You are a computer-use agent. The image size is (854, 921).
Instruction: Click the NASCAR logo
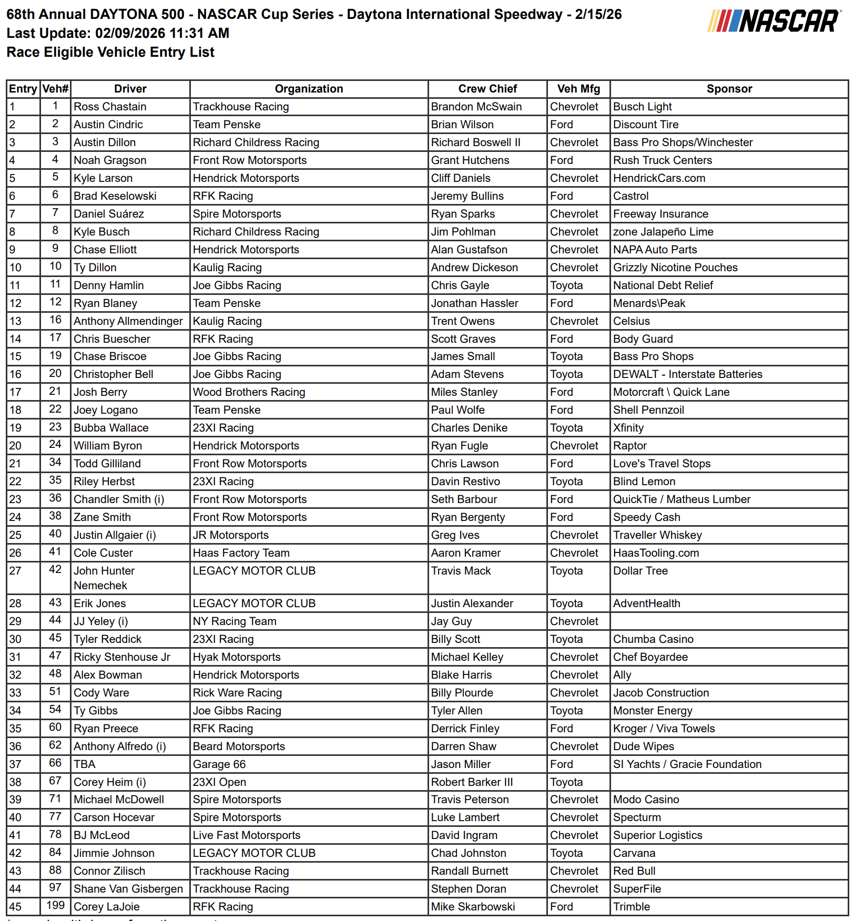pyautogui.click(x=774, y=22)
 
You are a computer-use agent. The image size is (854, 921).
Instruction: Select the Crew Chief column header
pyautogui.click(x=487, y=89)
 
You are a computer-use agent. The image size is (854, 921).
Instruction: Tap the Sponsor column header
pyautogui.click(x=729, y=89)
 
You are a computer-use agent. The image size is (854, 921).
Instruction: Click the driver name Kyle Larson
pyautogui.click(x=103, y=178)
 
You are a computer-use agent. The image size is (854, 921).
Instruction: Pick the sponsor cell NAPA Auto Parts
pyautogui.click(x=655, y=250)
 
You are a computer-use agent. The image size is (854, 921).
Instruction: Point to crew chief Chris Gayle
pyautogui.click(x=460, y=285)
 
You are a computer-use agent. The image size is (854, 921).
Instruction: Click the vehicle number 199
pyautogui.click(x=55, y=905)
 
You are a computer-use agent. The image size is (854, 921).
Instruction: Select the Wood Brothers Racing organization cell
pyautogui.click(x=249, y=392)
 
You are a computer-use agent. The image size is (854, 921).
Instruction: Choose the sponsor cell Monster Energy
pyautogui.click(x=653, y=711)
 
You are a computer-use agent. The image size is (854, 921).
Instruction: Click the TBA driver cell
pyautogui.click(x=85, y=764)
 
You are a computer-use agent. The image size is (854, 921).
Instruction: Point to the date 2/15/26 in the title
pyautogui.click(x=598, y=14)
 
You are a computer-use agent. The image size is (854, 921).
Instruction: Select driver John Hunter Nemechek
pyautogui.click(x=104, y=578)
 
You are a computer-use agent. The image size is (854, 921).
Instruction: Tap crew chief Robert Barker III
pyautogui.click(x=472, y=782)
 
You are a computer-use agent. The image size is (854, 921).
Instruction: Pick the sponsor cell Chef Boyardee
pyautogui.click(x=650, y=657)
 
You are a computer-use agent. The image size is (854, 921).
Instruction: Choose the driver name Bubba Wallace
pyautogui.click(x=111, y=428)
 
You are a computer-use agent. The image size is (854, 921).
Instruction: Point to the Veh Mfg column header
pyautogui.click(x=578, y=89)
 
